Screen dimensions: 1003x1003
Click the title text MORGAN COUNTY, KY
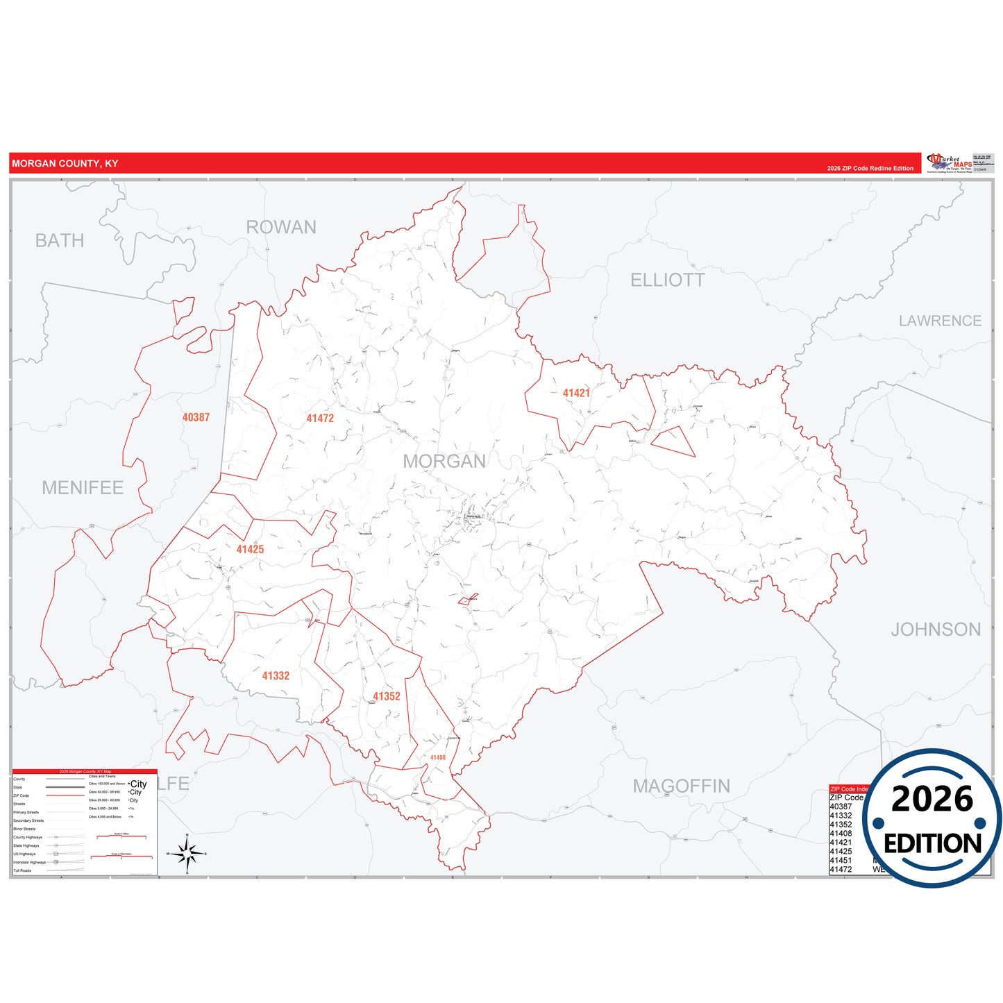point(65,164)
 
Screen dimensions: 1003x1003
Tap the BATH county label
point(60,241)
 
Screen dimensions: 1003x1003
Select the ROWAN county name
point(281,227)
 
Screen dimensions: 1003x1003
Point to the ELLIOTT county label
point(667,280)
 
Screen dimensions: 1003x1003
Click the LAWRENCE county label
point(940,321)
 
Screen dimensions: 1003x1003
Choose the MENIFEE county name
point(83,488)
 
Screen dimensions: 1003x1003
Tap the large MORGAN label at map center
point(444,461)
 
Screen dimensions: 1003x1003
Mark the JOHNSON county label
point(936,630)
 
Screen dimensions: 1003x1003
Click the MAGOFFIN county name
point(681,786)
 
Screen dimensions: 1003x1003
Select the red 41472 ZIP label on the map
point(320,418)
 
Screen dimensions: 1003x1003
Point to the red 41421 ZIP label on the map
point(576,393)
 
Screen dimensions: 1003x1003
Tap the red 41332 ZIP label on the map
point(276,675)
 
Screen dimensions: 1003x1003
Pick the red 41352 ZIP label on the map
point(387,696)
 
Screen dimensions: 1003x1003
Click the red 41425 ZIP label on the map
point(250,549)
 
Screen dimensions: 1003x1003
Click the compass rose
point(187,853)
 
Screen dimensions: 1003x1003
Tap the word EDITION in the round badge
point(932,844)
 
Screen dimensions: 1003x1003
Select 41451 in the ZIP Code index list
point(841,860)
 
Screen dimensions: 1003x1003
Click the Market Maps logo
point(949,163)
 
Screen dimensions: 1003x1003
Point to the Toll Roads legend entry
point(22,870)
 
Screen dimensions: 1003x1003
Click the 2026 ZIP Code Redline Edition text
point(870,169)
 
